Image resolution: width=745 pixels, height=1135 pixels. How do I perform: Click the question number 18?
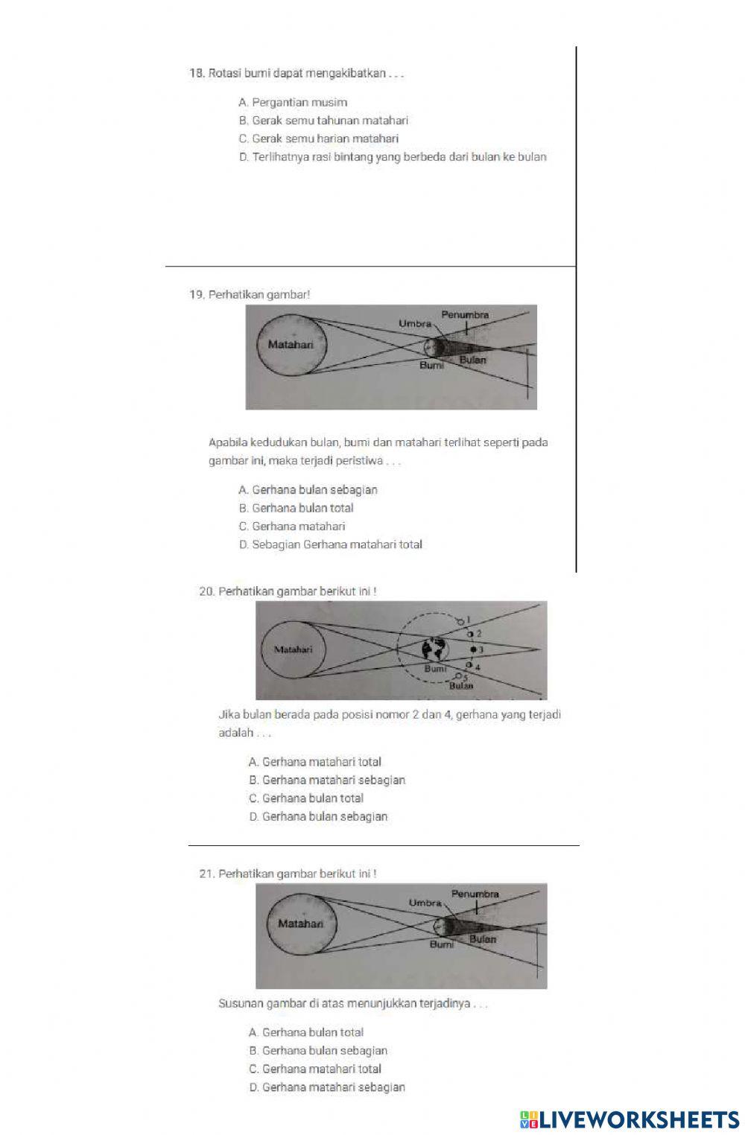197,73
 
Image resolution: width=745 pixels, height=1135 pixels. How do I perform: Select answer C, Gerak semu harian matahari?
319,139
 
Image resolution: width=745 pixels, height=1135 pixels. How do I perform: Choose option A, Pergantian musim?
293,102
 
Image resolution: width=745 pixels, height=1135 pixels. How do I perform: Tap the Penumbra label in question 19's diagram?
465,315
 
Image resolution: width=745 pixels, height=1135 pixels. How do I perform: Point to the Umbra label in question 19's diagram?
414,324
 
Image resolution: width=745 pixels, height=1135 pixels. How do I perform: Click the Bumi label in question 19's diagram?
431,366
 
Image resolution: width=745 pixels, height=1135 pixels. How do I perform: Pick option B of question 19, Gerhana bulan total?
297,508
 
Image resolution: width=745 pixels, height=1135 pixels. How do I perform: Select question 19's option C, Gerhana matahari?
292,526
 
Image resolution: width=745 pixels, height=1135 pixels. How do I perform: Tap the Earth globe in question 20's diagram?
434,649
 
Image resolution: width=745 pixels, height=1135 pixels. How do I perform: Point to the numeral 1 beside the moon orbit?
469,618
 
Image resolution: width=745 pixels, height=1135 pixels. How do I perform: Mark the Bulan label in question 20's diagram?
461,685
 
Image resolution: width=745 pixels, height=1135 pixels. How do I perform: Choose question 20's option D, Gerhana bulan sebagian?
318,816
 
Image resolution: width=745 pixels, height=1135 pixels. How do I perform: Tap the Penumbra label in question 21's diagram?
475,894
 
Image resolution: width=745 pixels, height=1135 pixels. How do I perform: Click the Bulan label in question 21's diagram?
483,939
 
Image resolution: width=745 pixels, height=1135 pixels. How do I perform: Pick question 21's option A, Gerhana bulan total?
306,1032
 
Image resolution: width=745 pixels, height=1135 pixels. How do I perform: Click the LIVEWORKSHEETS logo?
630,1119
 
